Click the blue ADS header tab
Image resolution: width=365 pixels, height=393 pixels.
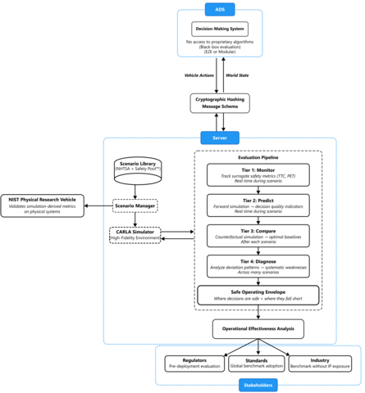coord(220,10)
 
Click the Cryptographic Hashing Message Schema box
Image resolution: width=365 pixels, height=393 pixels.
coord(220,102)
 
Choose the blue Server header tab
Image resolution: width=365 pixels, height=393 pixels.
coord(220,138)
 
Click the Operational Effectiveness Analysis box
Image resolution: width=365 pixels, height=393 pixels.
coord(258,328)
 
